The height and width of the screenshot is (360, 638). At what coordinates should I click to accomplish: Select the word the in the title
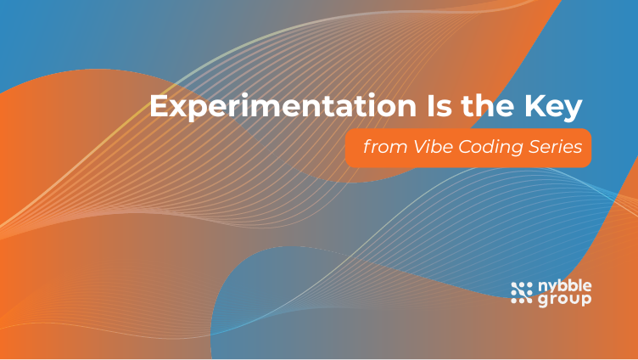click(484, 108)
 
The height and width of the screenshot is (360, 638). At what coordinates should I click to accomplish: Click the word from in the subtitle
click(378, 146)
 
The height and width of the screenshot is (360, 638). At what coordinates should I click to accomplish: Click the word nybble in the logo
click(564, 286)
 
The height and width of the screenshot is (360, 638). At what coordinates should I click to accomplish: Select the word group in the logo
click(564, 299)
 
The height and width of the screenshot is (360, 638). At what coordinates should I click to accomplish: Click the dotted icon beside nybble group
click(521, 292)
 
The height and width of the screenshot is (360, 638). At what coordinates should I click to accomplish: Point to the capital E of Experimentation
click(157, 108)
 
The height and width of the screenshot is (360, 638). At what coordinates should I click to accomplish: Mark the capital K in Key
click(534, 108)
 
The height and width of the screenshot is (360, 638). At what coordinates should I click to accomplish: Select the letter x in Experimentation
click(175, 110)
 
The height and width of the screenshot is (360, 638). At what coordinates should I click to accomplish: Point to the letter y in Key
click(575, 111)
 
